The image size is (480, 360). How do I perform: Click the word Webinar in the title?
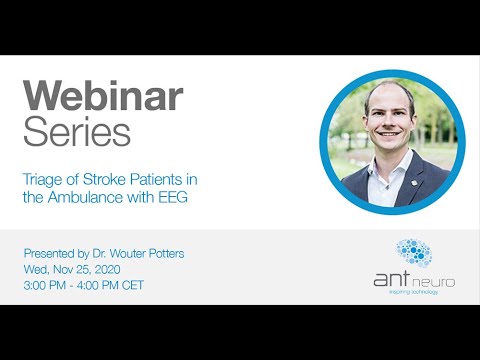pos(103,96)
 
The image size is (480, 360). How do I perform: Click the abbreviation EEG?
pos(175,197)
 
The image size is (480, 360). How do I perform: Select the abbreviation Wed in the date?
pos(35,268)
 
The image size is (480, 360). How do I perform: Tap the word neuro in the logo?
pos(434,282)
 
